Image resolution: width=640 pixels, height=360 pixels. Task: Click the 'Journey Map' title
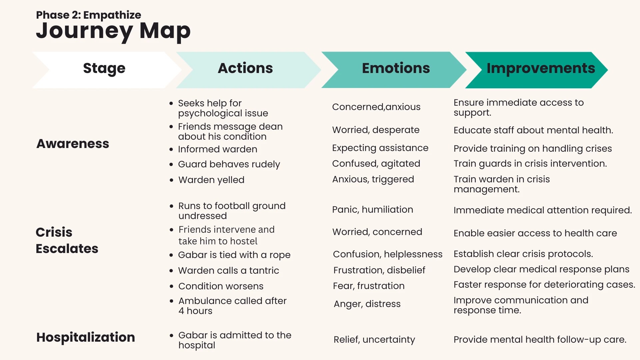click(113, 31)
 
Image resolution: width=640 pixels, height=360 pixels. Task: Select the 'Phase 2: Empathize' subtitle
click(89, 15)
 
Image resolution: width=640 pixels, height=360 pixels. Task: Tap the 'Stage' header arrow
click(107, 70)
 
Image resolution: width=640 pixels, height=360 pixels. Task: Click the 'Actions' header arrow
click(248, 70)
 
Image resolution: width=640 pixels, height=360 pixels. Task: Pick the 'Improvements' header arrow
click(537, 70)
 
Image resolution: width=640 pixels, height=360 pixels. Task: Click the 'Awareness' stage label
click(73, 144)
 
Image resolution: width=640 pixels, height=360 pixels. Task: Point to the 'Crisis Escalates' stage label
click(67, 240)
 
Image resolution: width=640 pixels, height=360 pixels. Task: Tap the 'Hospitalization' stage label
click(86, 337)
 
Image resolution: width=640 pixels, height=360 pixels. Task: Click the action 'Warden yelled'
click(211, 180)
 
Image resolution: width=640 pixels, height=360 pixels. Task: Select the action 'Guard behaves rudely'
click(229, 164)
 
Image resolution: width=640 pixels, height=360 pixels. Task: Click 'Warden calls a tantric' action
click(229, 270)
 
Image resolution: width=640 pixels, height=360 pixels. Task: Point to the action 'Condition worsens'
click(221, 286)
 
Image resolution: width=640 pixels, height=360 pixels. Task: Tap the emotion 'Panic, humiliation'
click(373, 210)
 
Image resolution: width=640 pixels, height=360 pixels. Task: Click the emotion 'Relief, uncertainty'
click(374, 340)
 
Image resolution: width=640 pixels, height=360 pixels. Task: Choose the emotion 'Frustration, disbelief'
click(379, 270)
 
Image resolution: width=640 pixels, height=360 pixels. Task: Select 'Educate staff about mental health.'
click(533, 130)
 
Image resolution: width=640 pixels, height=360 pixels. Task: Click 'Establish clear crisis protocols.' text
click(523, 254)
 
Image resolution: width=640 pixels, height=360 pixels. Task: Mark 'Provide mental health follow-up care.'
click(540, 340)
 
